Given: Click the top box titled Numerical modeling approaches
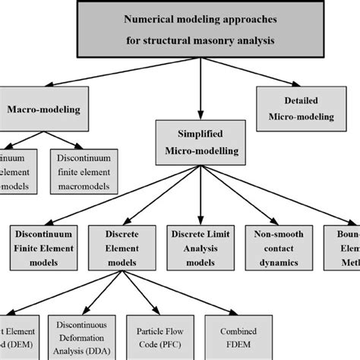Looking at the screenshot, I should pos(201,29).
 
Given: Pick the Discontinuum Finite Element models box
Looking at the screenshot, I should pos(44,244).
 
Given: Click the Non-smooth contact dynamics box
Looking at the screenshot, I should pos(277,244).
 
